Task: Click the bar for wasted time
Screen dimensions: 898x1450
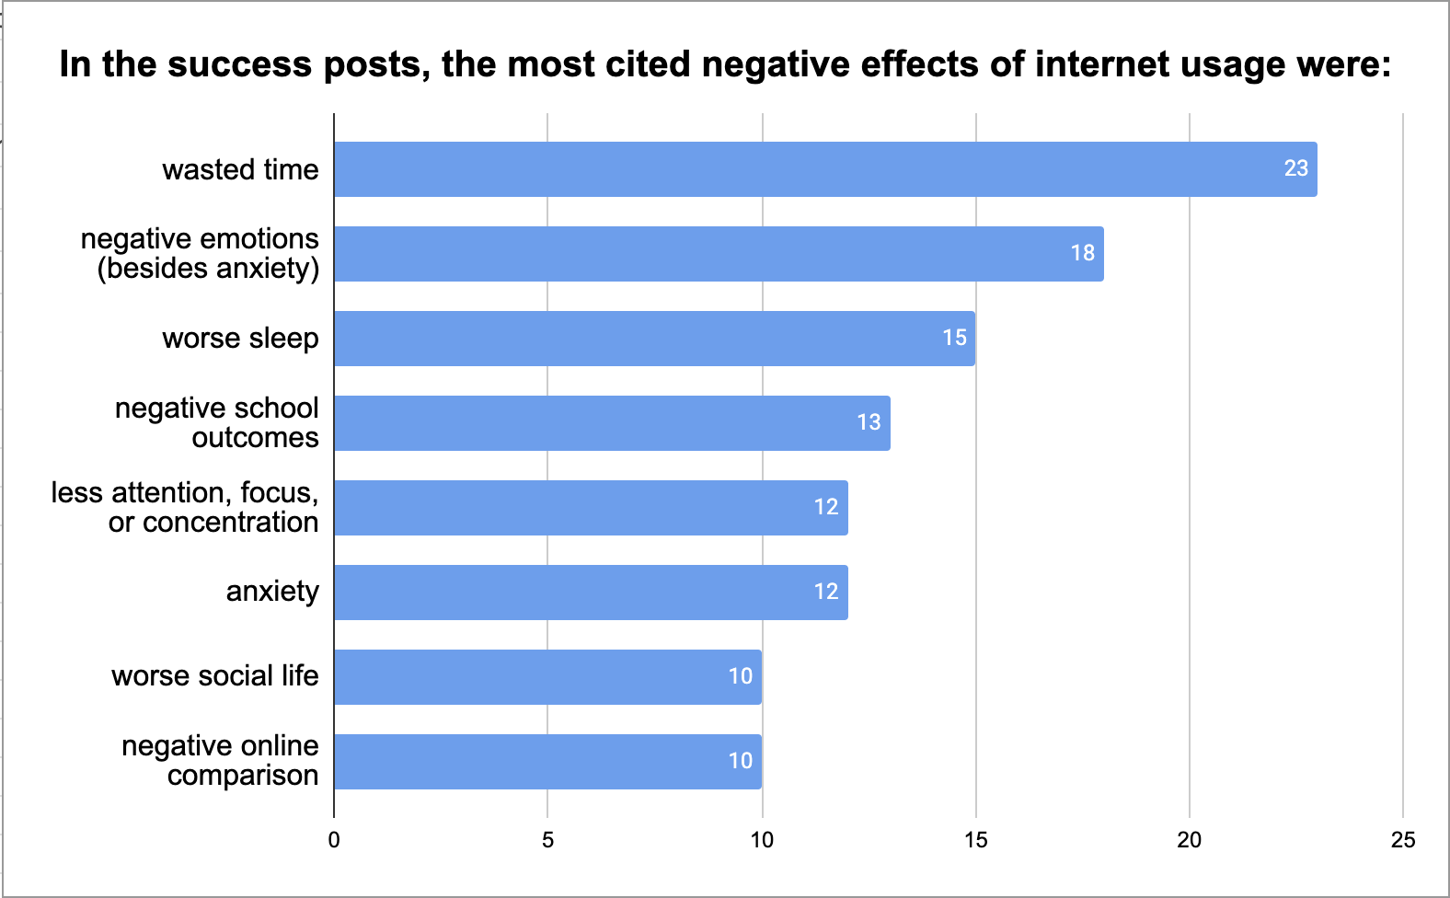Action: click(825, 169)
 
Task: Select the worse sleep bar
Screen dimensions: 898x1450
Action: click(654, 339)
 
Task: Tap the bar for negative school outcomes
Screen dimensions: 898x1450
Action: click(612, 423)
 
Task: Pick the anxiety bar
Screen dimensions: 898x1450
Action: click(591, 593)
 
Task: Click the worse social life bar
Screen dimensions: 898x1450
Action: click(547, 677)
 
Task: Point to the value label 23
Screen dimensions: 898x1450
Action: click(1295, 168)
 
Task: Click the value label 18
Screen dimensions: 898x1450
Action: click(1082, 253)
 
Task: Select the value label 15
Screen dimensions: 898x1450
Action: click(954, 338)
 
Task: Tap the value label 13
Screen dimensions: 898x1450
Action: click(869, 422)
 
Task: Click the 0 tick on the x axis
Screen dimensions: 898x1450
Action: click(334, 840)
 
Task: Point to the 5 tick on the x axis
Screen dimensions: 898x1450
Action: click(547, 840)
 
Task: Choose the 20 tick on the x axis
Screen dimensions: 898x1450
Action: click(1189, 840)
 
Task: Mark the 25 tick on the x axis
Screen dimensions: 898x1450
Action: click(1402, 840)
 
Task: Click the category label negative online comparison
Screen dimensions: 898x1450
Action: click(221, 761)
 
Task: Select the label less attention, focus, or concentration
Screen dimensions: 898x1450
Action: click(186, 507)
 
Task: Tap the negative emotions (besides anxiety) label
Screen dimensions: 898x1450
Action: click(201, 253)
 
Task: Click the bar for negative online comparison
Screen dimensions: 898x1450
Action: click(547, 762)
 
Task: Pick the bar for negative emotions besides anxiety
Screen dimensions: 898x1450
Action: click(719, 254)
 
